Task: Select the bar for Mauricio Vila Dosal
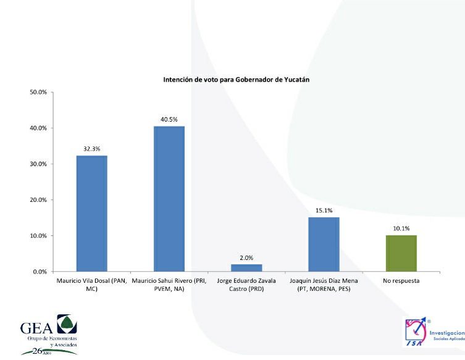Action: point(91,213)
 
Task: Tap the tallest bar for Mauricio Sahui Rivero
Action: point(169,199)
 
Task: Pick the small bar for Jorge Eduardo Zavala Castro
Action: point(246,268)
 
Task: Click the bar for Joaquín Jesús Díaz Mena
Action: point(324,245)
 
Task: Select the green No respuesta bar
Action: point(401,253)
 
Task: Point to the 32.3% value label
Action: point(91,149)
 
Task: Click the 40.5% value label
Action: point(169,119)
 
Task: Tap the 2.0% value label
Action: point(246,257)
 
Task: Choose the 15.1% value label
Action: point(324,211)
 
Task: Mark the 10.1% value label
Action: point(401,228)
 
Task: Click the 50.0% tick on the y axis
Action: point(38,93)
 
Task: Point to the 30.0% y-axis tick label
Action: point(38,164)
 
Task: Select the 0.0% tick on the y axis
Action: point(40,272)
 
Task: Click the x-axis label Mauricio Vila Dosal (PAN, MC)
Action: point(91,285)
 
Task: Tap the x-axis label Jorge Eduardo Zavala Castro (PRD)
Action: point(246,285)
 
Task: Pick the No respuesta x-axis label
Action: point(401,281)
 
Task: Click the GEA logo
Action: point(49,333)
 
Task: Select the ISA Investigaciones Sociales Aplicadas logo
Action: point(432,335)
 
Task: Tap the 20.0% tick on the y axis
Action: point(38,200)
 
